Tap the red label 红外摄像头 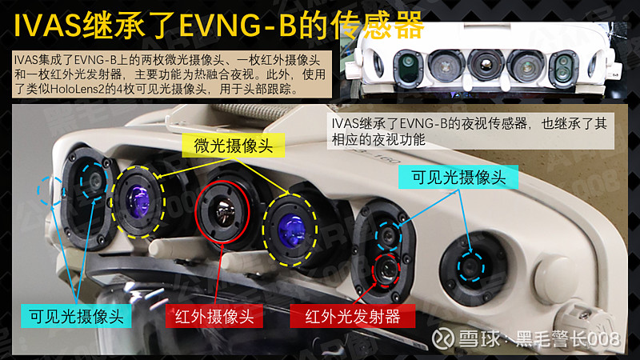click(214, 316)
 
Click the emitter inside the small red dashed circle click(389, 268)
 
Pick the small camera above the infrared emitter click(390, 235)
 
